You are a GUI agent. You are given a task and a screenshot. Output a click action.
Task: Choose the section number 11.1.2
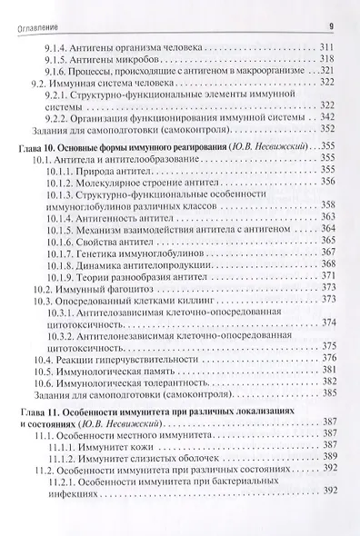click(65, 458)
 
